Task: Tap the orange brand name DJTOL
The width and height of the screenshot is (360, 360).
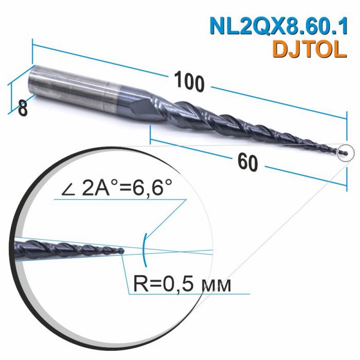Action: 308,49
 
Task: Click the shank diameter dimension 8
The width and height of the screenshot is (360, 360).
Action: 22,109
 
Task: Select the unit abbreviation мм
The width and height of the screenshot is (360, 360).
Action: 213,284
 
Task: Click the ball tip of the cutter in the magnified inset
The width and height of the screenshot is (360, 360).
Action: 122,251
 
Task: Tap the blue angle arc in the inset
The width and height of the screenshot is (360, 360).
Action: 146,249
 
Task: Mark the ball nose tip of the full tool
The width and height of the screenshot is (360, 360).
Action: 346,152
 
